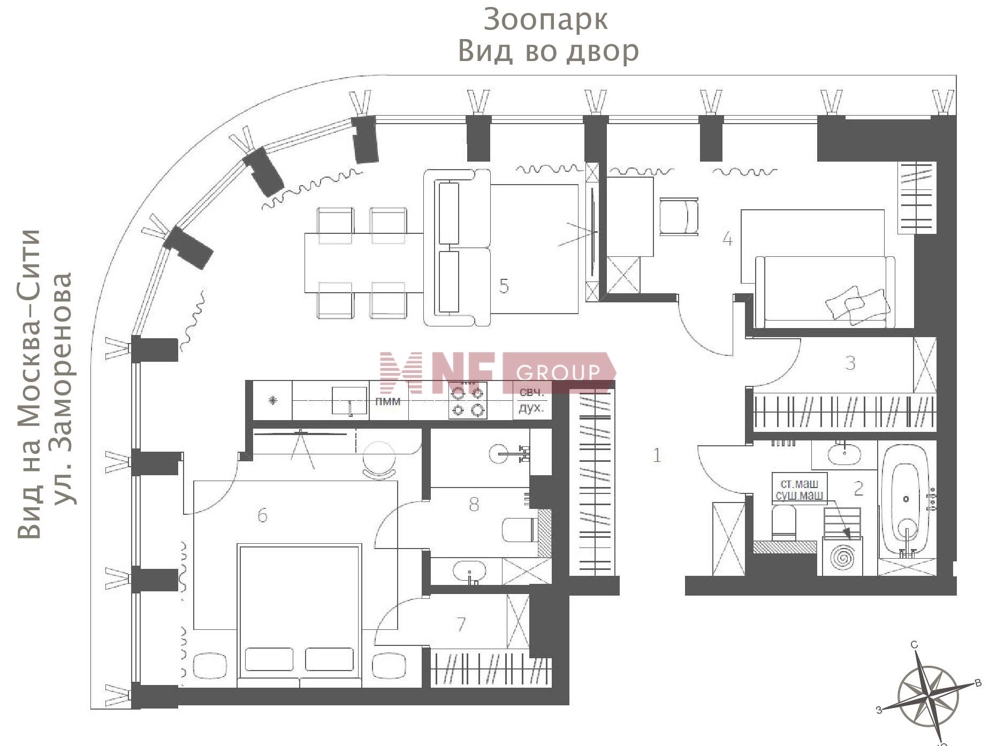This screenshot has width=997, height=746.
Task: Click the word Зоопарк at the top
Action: pos(545,20)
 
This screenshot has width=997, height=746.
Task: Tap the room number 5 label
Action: pos(504,286)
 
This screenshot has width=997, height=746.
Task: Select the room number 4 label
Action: pos(727,239)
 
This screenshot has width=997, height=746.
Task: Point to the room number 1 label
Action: pos(657,455)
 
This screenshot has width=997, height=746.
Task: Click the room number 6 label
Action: pos(262,515)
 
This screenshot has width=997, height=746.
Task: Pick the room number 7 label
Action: pos(461,624)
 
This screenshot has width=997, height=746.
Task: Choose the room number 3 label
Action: pos(850,363)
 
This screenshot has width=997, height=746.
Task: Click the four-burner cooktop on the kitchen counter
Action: pos(468,400)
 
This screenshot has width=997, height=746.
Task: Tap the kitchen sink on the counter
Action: pos(349,401)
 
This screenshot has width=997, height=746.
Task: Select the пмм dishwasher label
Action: pos(388,401)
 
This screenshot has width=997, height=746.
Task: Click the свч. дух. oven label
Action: pos(531,400)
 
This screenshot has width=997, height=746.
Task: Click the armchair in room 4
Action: pos(679,216)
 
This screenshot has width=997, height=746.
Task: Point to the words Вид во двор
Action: pos(549,51)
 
